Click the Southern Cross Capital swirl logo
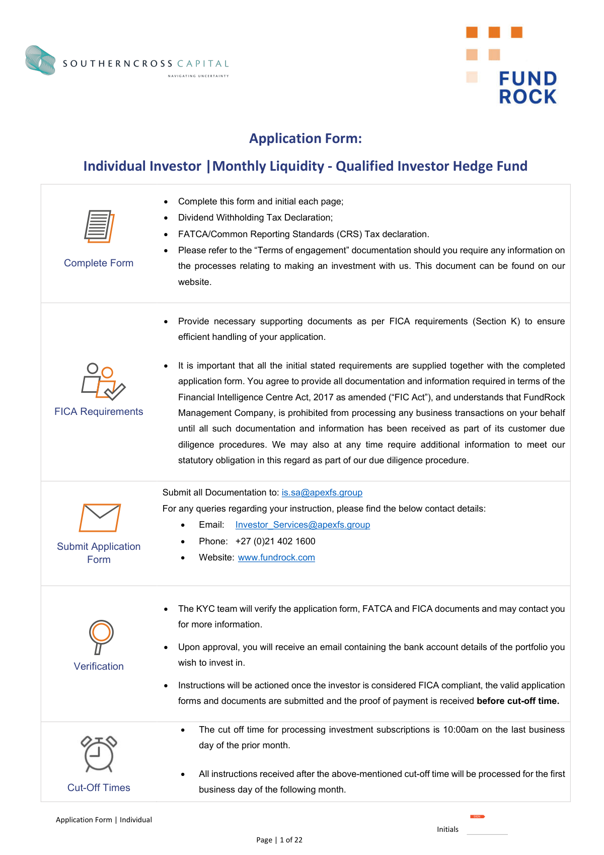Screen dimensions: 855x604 pos(40,60)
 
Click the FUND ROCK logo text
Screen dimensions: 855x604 pos(527,88)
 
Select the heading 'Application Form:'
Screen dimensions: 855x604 pos(306,138)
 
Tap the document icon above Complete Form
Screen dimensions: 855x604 pos(99,227)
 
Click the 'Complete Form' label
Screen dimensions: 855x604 pos(99,263)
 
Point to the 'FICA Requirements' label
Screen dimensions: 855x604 pos(99,411)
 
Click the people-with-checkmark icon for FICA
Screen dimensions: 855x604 pos(103,381)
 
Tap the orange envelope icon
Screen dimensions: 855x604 pos(100,518)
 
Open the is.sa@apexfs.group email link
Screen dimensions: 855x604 pos(322,492)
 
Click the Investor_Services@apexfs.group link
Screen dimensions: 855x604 pos(303,525)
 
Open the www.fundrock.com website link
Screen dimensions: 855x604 pos(276,557)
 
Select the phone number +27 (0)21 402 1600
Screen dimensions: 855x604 pos(275,541)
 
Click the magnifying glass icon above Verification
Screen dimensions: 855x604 pos(101,636)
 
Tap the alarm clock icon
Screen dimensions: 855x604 pos(99,754)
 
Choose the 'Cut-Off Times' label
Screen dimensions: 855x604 pos(99,788)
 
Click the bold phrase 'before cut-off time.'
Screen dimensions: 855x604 pos(518,701)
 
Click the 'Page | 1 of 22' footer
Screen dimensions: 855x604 pos(279,840)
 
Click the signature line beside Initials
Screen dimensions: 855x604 pos(487,833)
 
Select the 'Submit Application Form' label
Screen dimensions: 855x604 pos(99,553)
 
